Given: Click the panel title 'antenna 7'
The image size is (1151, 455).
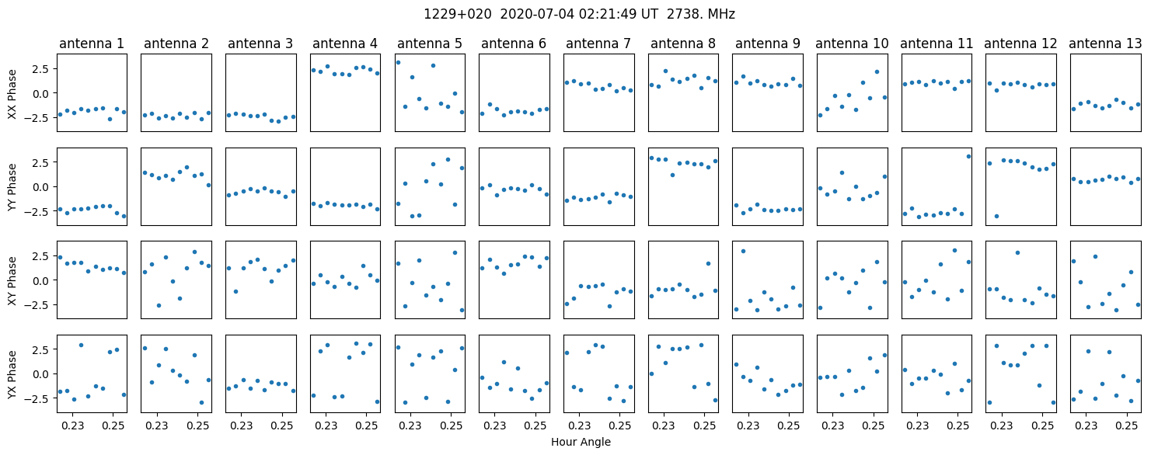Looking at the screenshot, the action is [x=598, y=44].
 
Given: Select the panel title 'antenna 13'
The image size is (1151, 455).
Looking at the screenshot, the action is [x=1105, y=44].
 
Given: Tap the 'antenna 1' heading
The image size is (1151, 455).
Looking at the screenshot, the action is [x=92, y=44].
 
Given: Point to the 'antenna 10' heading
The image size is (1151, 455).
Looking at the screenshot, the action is [x=852, y=44].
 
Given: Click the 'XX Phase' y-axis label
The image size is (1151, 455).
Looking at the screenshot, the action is [x=12, y=94].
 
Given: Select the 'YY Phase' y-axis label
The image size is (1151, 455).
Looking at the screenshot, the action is [x=12, y=187].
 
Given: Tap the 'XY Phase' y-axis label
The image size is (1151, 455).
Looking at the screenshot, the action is [x=12, y=280].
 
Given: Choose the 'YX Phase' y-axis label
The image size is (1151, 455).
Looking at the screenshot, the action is [x=12, y=374].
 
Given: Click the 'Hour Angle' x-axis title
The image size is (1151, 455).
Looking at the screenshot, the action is [x=581, y=442].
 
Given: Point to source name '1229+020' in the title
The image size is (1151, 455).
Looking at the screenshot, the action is [x=457, y=15].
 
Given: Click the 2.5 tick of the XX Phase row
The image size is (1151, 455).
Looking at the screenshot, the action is [x=40, y=69].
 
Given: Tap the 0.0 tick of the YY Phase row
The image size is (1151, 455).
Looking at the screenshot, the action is [x=40, y=187].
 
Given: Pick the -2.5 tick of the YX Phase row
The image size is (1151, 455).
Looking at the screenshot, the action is [x=37, y=398].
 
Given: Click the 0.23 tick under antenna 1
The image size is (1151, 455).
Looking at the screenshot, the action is [x=73, y=425].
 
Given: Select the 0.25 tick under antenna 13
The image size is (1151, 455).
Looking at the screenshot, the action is [x=1127, y=425].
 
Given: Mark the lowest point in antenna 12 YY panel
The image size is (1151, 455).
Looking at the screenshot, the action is [x=996, y=216].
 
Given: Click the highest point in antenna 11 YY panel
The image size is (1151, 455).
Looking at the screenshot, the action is [x=968, y=157].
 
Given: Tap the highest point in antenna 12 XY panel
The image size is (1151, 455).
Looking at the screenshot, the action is [x=1017, y=252].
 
